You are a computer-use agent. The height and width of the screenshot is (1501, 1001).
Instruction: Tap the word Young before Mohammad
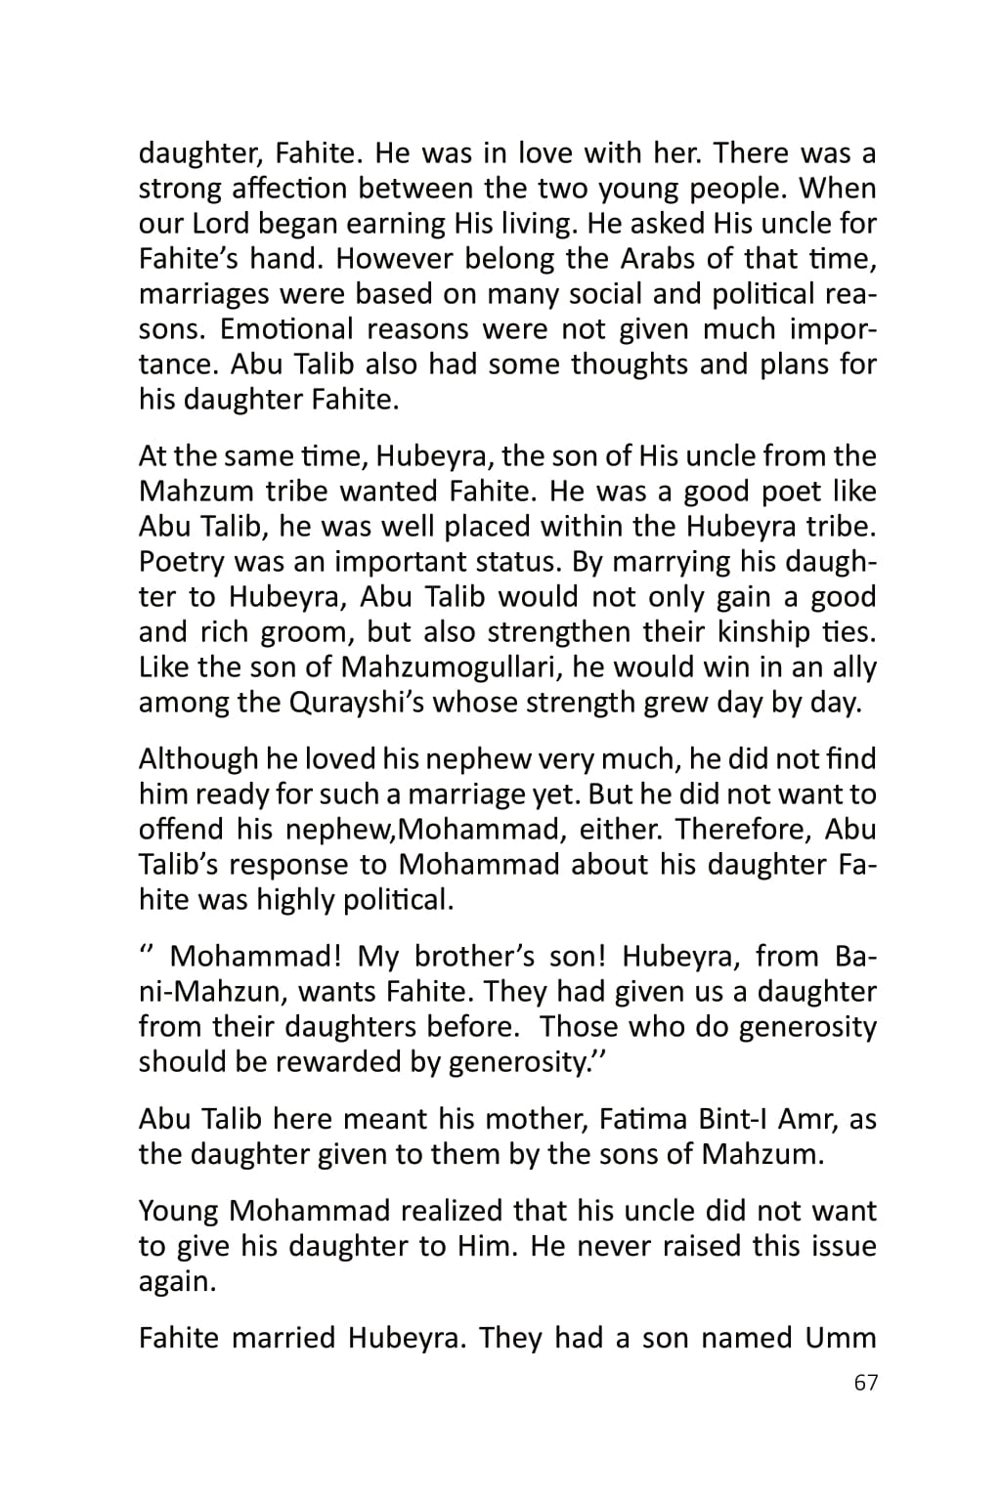click(179, 1212)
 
